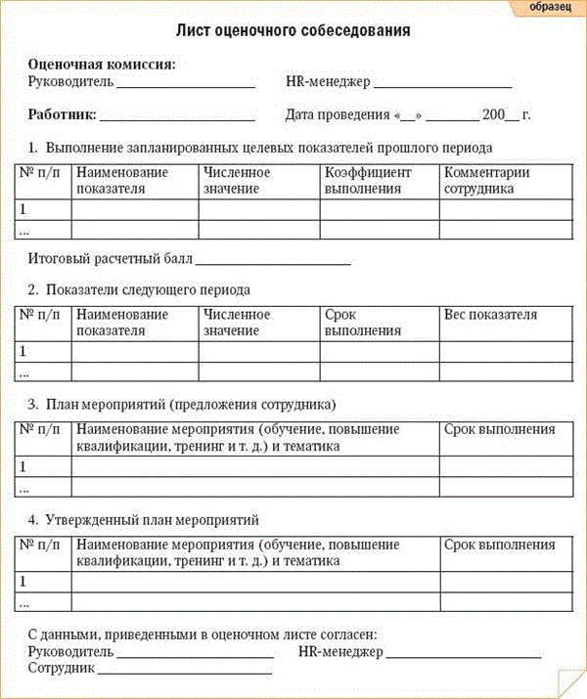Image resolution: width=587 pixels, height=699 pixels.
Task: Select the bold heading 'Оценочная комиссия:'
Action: tap(102, 65)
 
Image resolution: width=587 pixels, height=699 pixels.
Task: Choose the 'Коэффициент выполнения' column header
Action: tap(368, 181)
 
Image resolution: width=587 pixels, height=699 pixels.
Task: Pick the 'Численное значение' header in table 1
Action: tap(237, 181)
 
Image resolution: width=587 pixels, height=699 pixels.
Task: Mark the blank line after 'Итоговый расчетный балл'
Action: tap(273, 263)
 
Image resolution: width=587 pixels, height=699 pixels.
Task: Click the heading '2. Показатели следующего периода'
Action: tap(139, 290)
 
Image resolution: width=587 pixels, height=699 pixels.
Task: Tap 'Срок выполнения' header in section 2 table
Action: tap(363, 323)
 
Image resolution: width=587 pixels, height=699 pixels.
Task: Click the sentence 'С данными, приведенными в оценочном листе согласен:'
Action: tap(203, 634)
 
